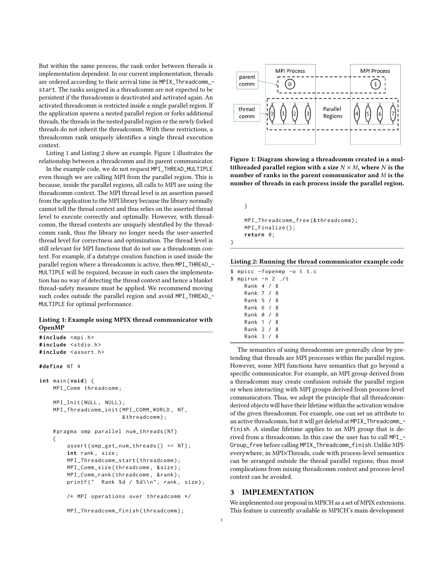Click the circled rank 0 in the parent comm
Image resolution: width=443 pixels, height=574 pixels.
pos(290,84)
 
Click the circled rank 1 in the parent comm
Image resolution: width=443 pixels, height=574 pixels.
pos(375,84)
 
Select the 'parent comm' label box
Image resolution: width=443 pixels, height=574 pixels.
pos(247,80)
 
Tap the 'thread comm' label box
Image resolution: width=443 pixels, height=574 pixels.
pos(247,113)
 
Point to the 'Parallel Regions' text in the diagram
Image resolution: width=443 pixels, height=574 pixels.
pos(333,112)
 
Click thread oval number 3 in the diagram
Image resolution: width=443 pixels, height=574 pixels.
pos(307,113)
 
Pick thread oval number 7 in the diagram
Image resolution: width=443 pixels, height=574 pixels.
pos(393,113)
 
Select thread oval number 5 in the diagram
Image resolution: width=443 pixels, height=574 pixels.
pos(368,113)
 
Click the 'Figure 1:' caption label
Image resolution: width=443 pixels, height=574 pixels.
pos(242,159)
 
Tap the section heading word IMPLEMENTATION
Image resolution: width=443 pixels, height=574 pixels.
pos(278,492)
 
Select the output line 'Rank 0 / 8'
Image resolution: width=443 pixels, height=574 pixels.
pos(261,315)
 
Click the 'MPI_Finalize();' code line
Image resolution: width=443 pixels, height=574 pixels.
pos(270,228)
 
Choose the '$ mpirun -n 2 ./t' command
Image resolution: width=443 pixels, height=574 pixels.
pos(260,279)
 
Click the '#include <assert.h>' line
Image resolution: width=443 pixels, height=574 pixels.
pos(72,352)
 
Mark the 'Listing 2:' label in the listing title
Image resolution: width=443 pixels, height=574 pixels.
pos(243,261)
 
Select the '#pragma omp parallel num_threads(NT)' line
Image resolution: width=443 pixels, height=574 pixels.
pos(115,432)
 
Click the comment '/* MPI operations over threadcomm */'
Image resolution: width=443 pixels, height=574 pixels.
pos(129,497)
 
